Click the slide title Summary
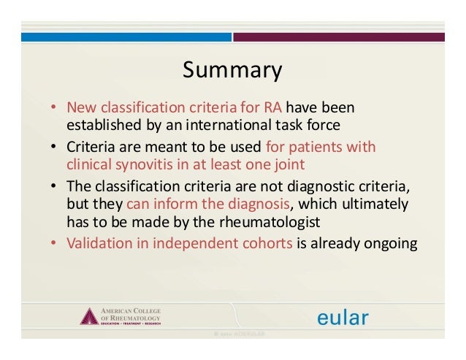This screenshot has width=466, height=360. click(x=232, y=71)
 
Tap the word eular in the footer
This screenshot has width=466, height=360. click(x=342, y=317)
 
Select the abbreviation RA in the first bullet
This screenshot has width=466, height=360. click(x=261, y=108)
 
